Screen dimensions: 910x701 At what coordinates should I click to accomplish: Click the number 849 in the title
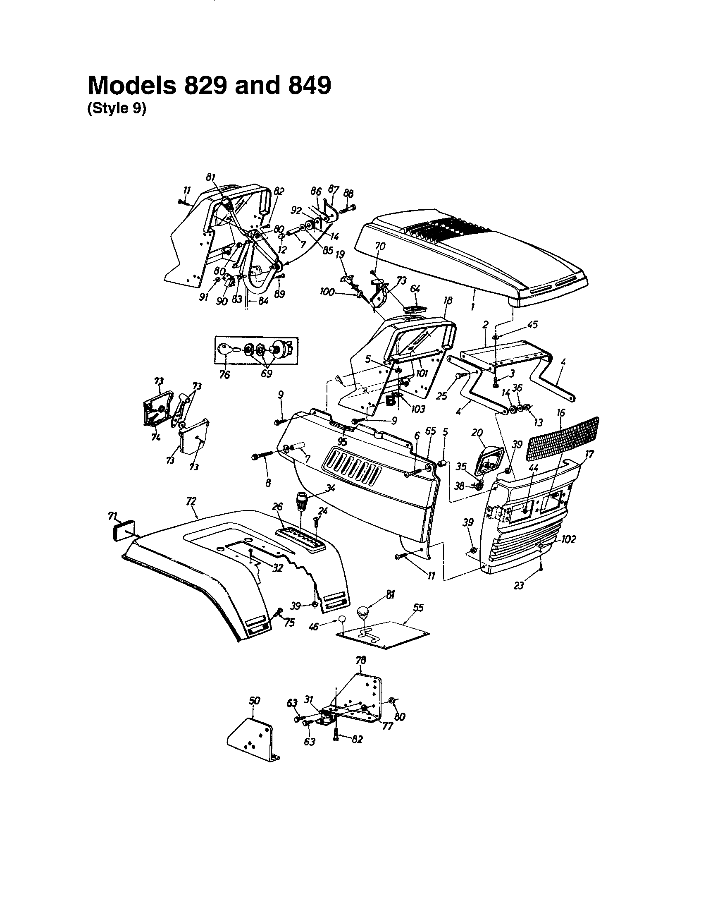308,86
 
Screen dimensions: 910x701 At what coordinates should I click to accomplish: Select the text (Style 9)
117,109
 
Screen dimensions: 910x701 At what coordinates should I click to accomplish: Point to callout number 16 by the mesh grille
561,413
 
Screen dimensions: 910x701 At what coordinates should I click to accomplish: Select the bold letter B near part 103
391,401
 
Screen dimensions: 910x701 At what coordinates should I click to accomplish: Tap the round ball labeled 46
341,619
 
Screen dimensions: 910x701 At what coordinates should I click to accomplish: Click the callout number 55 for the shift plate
418,608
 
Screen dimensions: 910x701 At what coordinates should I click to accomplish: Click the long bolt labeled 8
261,457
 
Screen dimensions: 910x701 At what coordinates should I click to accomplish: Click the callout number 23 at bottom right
518,585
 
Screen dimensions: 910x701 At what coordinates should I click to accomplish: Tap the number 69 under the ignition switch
266,374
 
